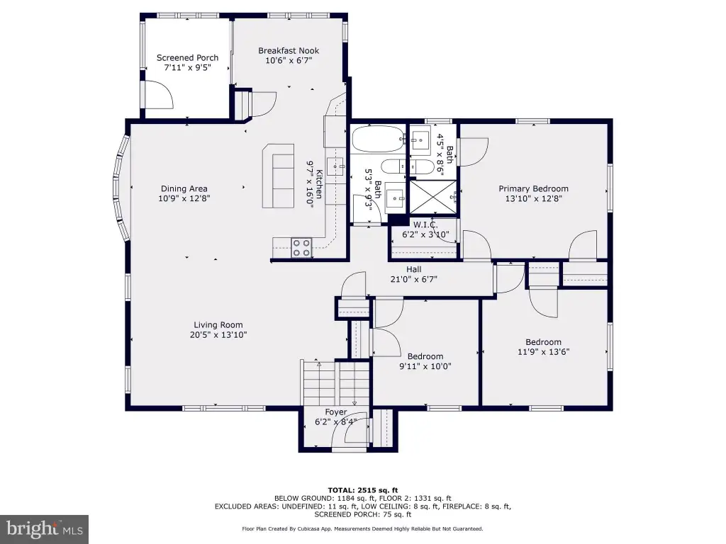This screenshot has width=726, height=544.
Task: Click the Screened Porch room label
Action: tap(187, 58)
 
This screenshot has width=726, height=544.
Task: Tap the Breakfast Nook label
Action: tap(289, 51)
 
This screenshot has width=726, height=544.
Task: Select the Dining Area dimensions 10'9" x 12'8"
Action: tap(184, 198)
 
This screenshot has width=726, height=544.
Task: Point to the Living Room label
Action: tap(218, 324)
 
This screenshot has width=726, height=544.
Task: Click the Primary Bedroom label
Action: tap(533, 188)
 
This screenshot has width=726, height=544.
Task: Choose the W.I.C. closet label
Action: tap(425, 225)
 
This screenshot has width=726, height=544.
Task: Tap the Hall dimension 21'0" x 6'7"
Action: tap(414, 279)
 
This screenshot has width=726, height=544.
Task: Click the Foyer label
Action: tap(335, 412)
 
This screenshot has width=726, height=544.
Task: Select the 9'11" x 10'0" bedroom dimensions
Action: tap(425, 366)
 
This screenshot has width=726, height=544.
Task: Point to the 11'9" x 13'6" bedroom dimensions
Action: tap(544, 351)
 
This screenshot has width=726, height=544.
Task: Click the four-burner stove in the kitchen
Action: tap(301, 247)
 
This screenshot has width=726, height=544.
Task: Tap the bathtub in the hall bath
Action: tap(379, 140)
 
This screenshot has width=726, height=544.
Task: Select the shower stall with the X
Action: tap(433, 198)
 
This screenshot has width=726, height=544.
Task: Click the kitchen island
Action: tap(278, 176)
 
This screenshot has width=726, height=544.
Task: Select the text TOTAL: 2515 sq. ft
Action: tap(362, 490)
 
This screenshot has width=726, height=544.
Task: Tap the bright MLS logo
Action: tap(44, 529)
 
